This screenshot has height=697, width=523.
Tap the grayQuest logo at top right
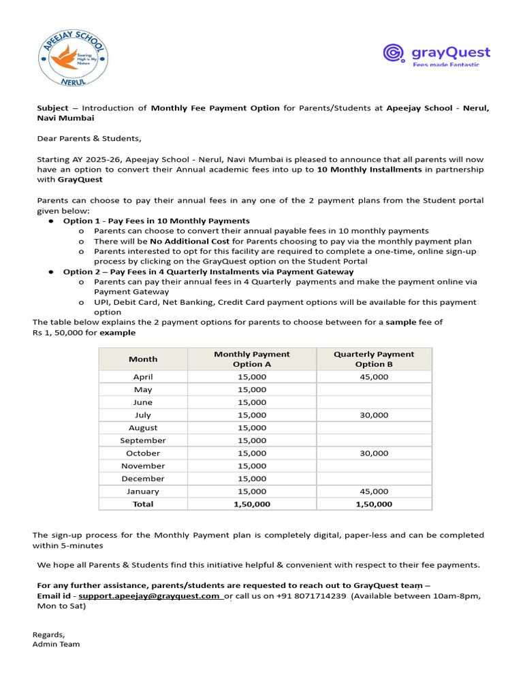tap(437, 54)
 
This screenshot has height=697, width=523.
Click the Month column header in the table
tap(143, 359)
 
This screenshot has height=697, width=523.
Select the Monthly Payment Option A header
tap(251, 359)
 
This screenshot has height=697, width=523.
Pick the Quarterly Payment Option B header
tap(374, 359)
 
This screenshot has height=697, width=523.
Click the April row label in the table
tap(143, 377)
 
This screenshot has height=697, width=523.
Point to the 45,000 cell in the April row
tap(374, 377)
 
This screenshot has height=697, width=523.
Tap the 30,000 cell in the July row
tap(374, 415)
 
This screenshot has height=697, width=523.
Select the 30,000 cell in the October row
tap(374, 453)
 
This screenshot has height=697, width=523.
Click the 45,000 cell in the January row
tap(374, 491)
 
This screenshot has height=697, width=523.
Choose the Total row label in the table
tap(143, 504)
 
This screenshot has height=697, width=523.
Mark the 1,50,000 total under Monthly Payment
tap(251, 504)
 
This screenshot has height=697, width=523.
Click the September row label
tap(143, 440)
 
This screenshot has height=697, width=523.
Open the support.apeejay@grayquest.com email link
tap(149, 596)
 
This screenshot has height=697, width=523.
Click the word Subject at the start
tap(52, 108)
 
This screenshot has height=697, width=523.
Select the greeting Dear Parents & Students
tap(89, 139)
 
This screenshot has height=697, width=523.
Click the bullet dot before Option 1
tap(51, 221)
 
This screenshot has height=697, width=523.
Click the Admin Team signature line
tap(56, 644)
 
